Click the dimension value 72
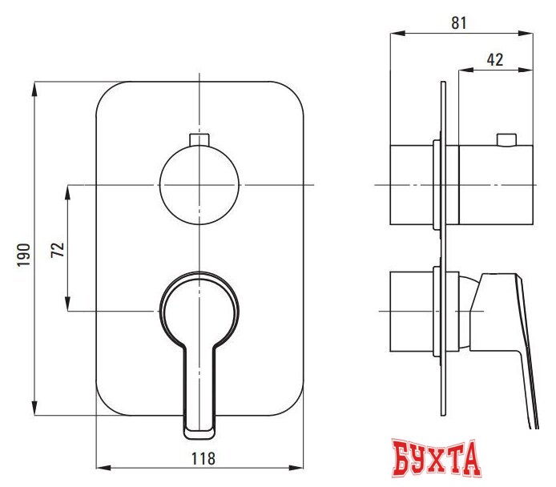[57, 248]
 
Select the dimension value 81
[459, 22]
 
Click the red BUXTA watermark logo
[437, 459]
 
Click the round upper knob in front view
[199, 185]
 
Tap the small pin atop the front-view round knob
[199, 140]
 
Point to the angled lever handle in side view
[513, 336]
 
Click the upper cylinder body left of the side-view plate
[412, 185]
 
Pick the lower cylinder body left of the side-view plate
[412, 311]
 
